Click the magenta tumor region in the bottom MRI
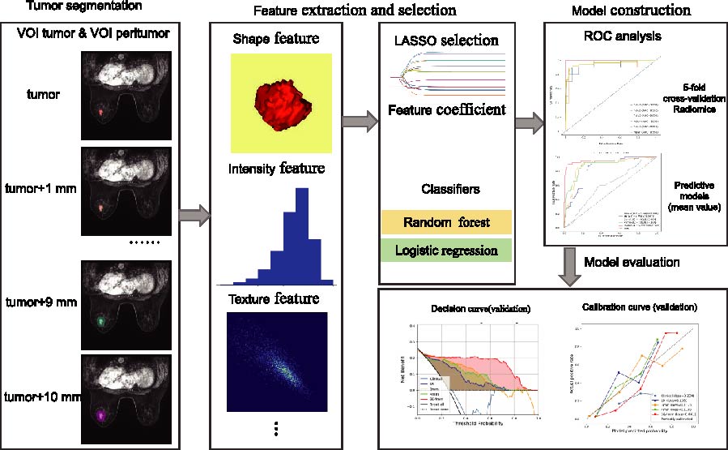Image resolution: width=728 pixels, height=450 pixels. (x=100, y=416)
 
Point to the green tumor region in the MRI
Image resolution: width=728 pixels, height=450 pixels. (x=100, y=322)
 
